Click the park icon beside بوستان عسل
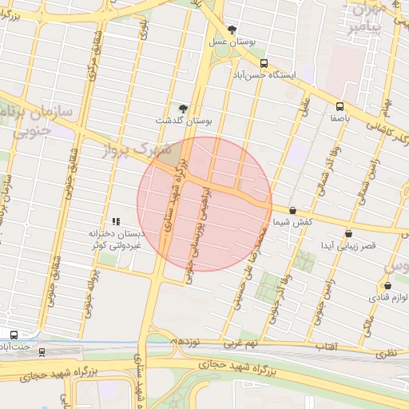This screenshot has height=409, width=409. (x=232, y=30)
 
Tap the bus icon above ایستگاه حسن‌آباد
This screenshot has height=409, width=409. (x=264, y=62)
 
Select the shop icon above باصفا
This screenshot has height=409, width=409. (x=340, y=105)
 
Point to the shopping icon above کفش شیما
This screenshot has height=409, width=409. (x=292, y=210)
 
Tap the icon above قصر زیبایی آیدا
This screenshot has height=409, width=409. (x=348, y=233)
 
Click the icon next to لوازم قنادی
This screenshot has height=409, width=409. (x=387, y=285)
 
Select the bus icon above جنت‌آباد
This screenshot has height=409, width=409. (x=14, y=335)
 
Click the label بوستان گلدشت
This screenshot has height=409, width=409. (x=185, y=121)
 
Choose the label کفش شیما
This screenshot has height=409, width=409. (x=292, y=221)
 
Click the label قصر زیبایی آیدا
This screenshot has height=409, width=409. (x=347, y=245)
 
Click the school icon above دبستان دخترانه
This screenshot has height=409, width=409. (x=116, y=221)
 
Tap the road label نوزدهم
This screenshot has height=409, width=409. (x=187, y=341)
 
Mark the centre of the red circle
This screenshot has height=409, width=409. (x=204, y=204)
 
